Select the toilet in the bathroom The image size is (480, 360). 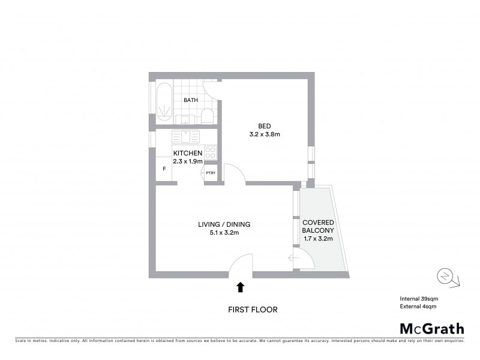[206, 115]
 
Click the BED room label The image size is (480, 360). [264, 126]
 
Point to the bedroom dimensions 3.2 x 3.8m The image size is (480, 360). [264, 134]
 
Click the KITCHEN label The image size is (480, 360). [188, 154]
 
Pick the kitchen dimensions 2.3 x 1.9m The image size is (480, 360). [188, 161]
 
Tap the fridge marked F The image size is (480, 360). [164, 169]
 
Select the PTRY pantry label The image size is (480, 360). [210, 173]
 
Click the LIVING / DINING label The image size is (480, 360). [224, 225]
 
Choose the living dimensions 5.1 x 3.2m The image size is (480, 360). [224, 233]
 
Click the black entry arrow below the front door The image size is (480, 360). [241, 287]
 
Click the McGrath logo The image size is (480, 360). [431, 328]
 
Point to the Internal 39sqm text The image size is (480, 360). [420, 299]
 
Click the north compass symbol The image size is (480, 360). [446, 277]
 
